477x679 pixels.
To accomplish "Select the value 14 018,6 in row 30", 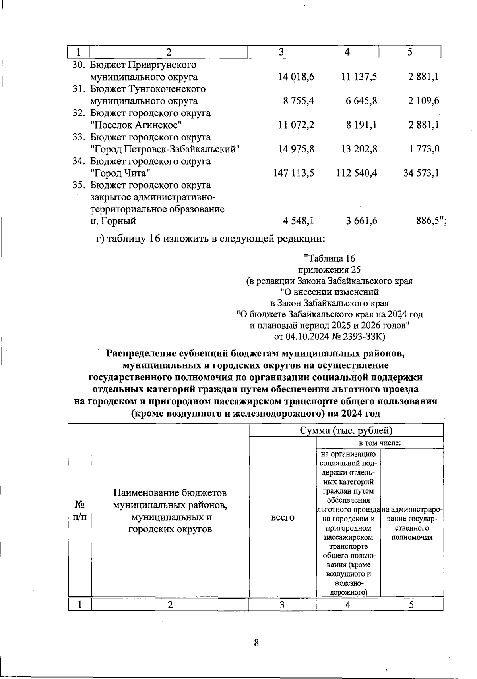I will coord(296,77).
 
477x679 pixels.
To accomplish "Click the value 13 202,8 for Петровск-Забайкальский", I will coord(359,149).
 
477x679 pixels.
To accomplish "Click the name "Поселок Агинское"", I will coord(136,125).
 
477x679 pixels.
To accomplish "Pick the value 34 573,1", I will coord(421,173).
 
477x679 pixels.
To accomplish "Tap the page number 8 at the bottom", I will coord(256,642).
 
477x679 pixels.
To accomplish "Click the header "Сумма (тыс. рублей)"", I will coord(346,431).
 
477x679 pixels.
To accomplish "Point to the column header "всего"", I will coord(282,517).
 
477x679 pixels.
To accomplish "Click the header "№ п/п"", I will coord(80,511).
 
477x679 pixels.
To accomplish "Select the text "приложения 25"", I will coord(329,269).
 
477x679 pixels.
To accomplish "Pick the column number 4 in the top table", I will coord(347,52).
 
